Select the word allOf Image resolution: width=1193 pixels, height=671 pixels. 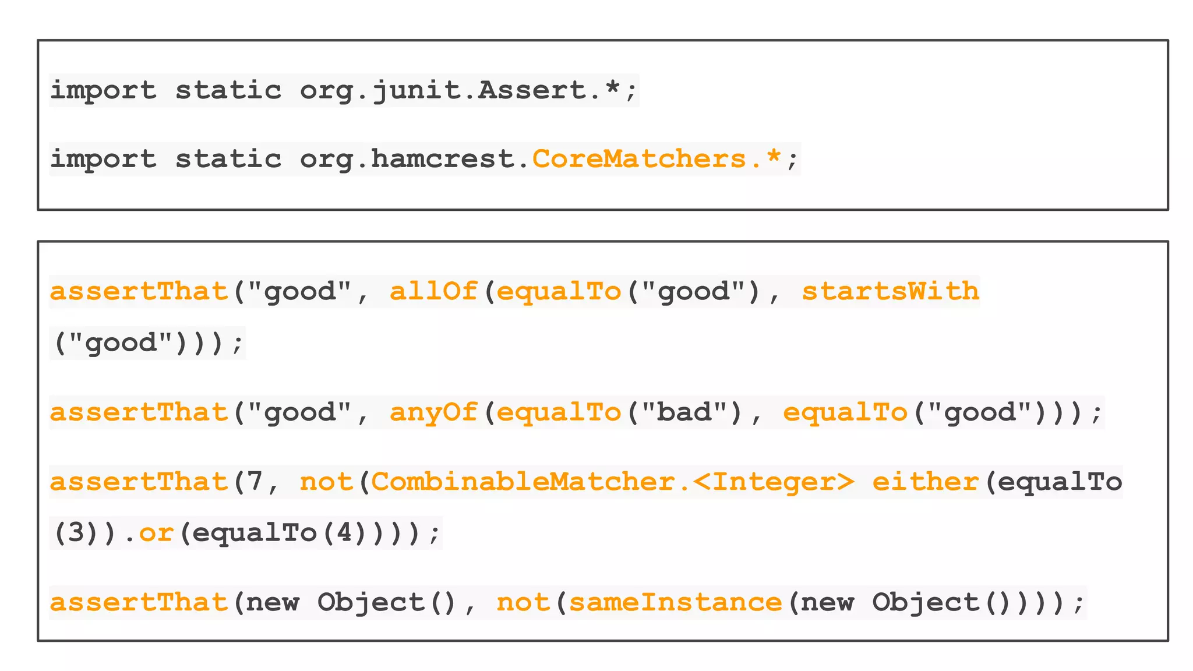click(433, 291)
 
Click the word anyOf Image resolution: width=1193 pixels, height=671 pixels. click(433, 412)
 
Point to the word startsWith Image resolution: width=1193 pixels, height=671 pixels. click(890, 291)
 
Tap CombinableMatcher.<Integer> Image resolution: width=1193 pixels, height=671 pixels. click(612, 482)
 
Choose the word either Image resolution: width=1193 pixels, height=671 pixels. click(925, 482)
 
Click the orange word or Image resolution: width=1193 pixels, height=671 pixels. click(156, 533)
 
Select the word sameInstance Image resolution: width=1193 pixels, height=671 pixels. click(675, 602)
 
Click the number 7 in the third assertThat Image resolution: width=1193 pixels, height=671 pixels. click(255, 482)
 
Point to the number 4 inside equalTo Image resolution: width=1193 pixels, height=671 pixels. click(344, 533)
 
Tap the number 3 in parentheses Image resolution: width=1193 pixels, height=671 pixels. click(76, 533)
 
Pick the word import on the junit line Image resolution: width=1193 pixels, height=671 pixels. click(103, 90)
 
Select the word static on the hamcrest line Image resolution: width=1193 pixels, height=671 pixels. click(228, 159)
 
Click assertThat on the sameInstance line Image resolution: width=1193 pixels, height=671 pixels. click(139, 602)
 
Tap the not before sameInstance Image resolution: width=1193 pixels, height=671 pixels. click(523, 602)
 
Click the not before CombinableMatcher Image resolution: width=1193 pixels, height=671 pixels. click(326, 482)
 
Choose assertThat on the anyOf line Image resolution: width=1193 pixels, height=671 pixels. click(139, 412)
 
